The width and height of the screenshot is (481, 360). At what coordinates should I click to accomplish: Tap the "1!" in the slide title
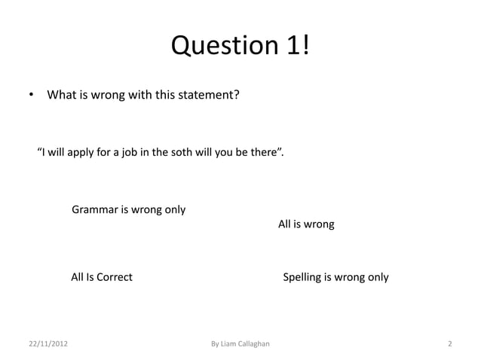pos(296,46)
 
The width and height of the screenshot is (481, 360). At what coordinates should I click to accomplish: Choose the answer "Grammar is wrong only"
pos(128,209)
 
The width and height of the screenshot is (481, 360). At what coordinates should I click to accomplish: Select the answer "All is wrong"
pos(306,224)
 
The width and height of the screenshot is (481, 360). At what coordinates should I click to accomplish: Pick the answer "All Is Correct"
pos(102,277)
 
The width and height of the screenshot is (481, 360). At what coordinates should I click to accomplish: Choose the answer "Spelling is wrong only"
pos(335,277)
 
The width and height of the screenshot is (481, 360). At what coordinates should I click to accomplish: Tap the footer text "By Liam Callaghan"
pos(240,344)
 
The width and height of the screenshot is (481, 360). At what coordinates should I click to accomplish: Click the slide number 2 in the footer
pos(449,344)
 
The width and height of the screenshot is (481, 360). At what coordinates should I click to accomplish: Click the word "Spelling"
pos(302,277)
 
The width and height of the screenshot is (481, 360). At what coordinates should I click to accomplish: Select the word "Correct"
pos(113,277)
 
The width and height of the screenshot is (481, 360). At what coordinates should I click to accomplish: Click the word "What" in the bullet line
pos(60,96)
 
